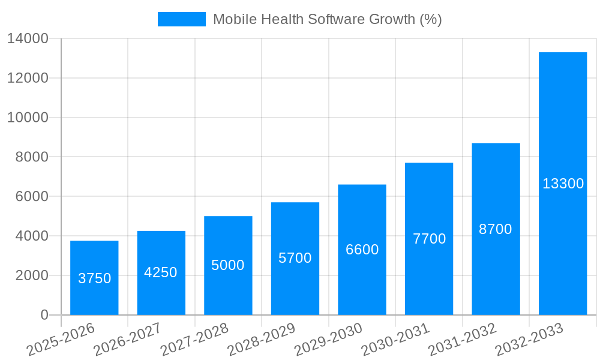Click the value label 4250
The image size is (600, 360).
point(161,272)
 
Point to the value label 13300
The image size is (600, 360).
point(563,184)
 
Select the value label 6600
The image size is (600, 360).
point(362,250)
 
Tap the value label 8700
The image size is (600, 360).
point(496,229)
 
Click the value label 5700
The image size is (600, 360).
point(295,258)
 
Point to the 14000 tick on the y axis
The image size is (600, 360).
point(28,39)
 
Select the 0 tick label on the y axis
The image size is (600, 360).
point(44,315)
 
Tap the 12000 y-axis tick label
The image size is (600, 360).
point(28,78)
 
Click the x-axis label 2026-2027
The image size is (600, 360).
point(128,339)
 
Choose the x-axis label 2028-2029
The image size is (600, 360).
point(262,339)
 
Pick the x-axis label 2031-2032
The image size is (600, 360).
point(462,339)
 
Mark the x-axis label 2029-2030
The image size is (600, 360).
point(328,339)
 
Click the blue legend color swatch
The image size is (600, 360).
point(181,19)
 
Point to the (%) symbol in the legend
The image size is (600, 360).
point(431,19)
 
